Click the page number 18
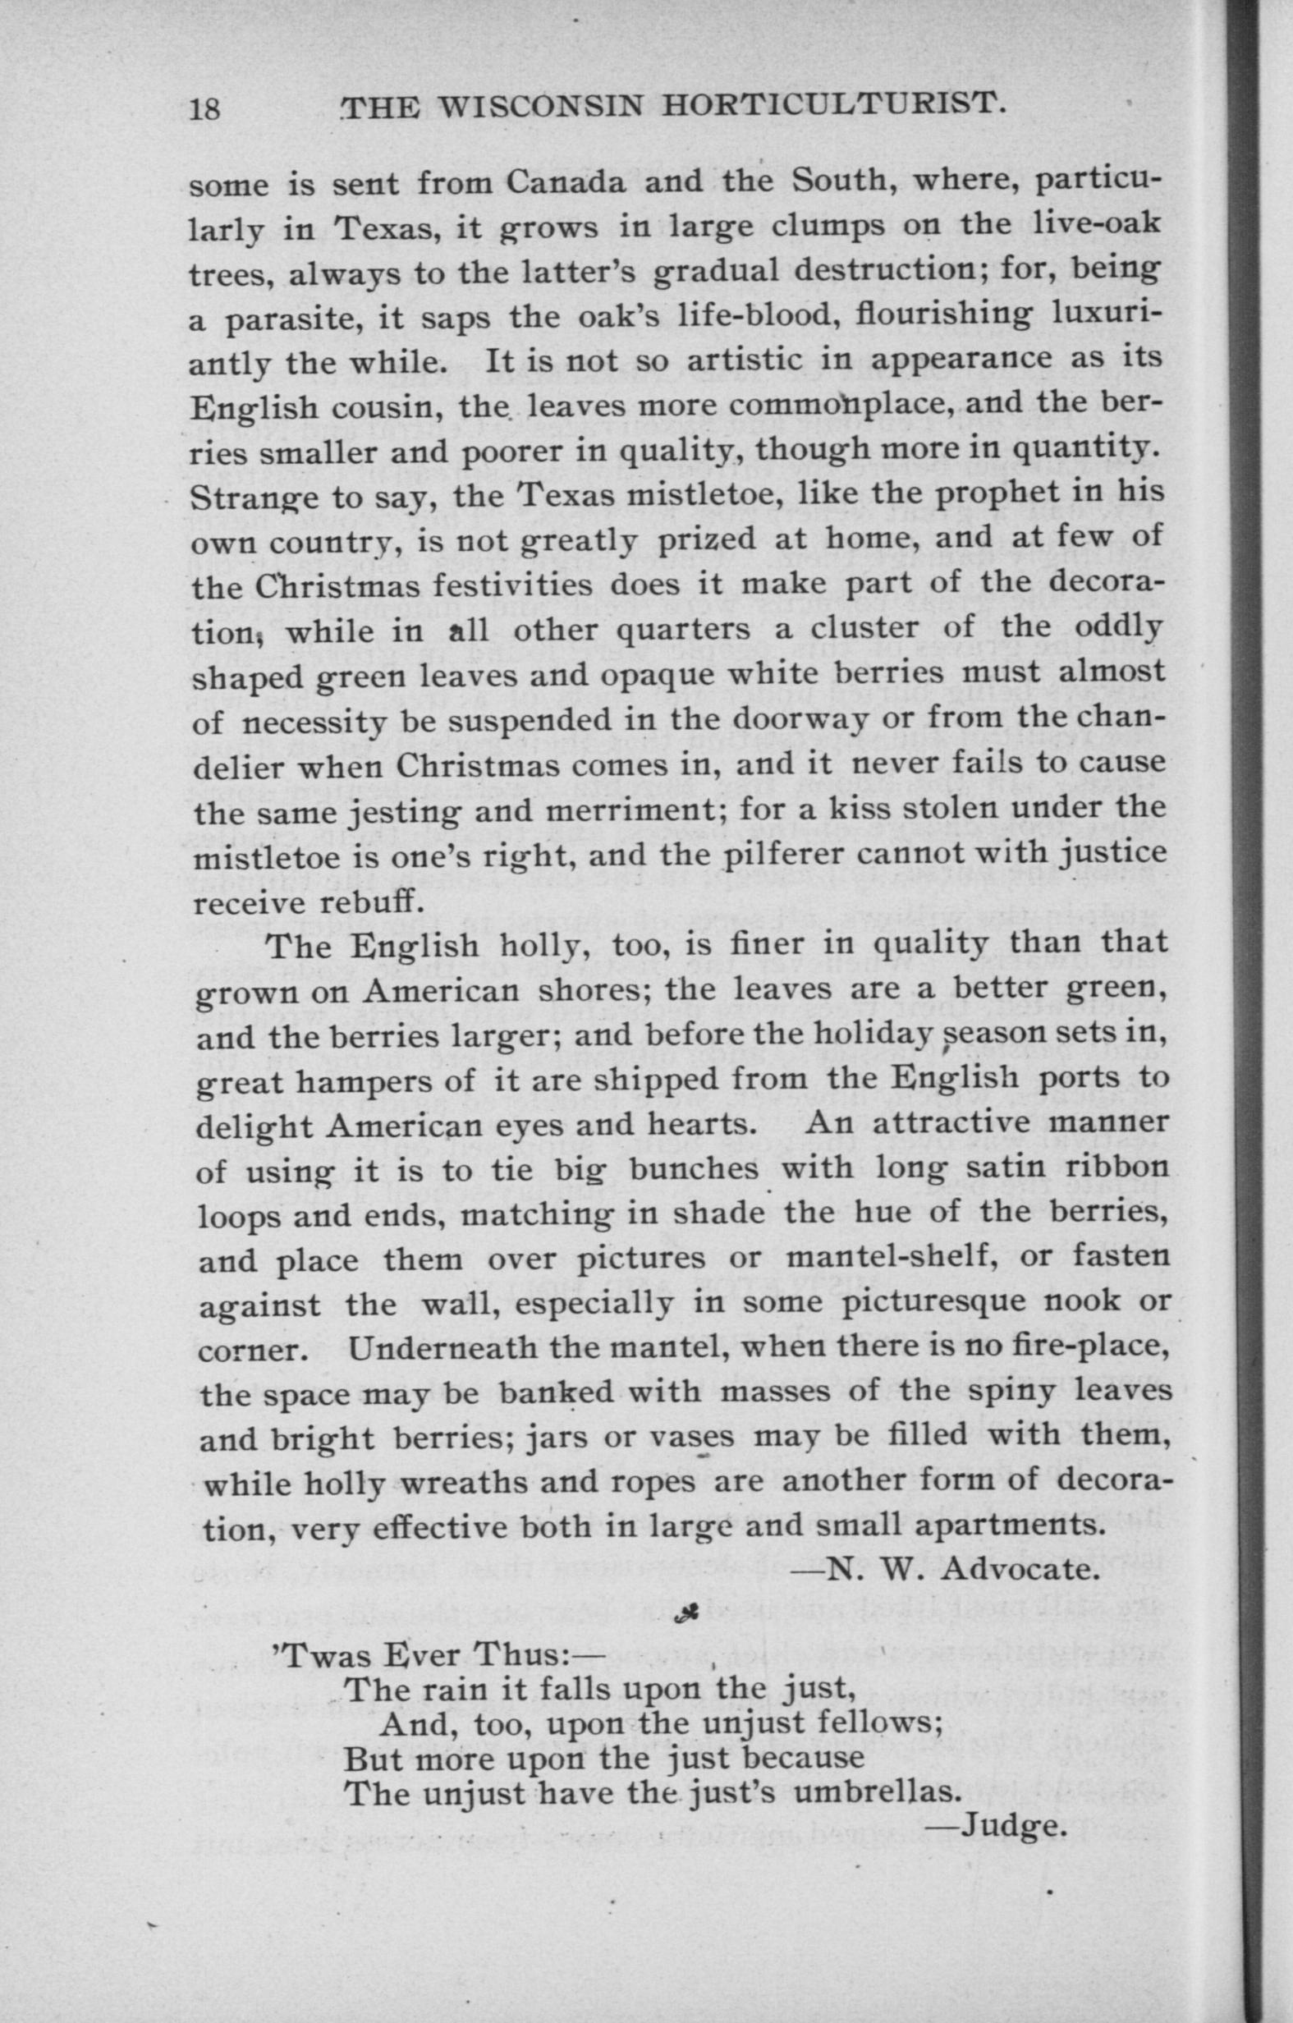point(204,109)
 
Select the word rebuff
point(368,901)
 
